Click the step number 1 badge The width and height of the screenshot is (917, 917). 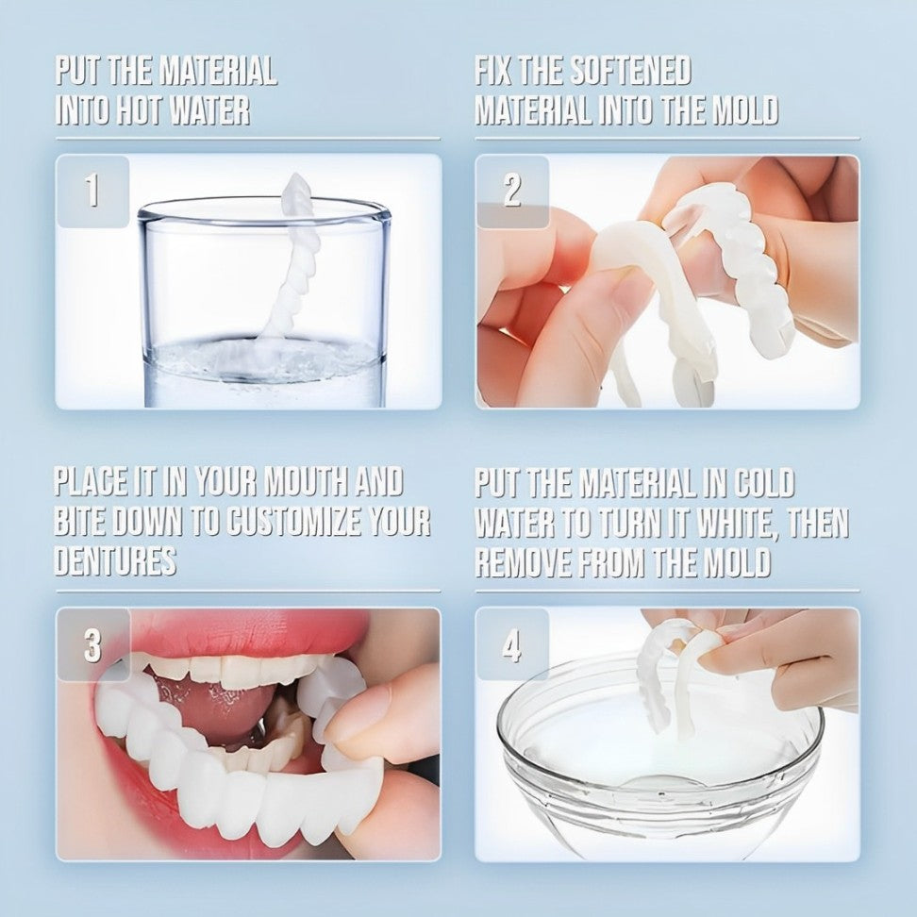coord(92,192)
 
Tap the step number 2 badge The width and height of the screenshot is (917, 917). coord(511,192)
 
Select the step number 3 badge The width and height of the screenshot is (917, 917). coord(92,645)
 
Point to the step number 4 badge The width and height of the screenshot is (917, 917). coord(511,645)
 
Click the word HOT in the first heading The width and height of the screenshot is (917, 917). coord(137,110)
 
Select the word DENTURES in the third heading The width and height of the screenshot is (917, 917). coord(115,560)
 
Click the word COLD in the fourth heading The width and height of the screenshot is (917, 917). coord(762,482)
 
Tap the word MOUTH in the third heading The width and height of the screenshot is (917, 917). coord(292,482)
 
